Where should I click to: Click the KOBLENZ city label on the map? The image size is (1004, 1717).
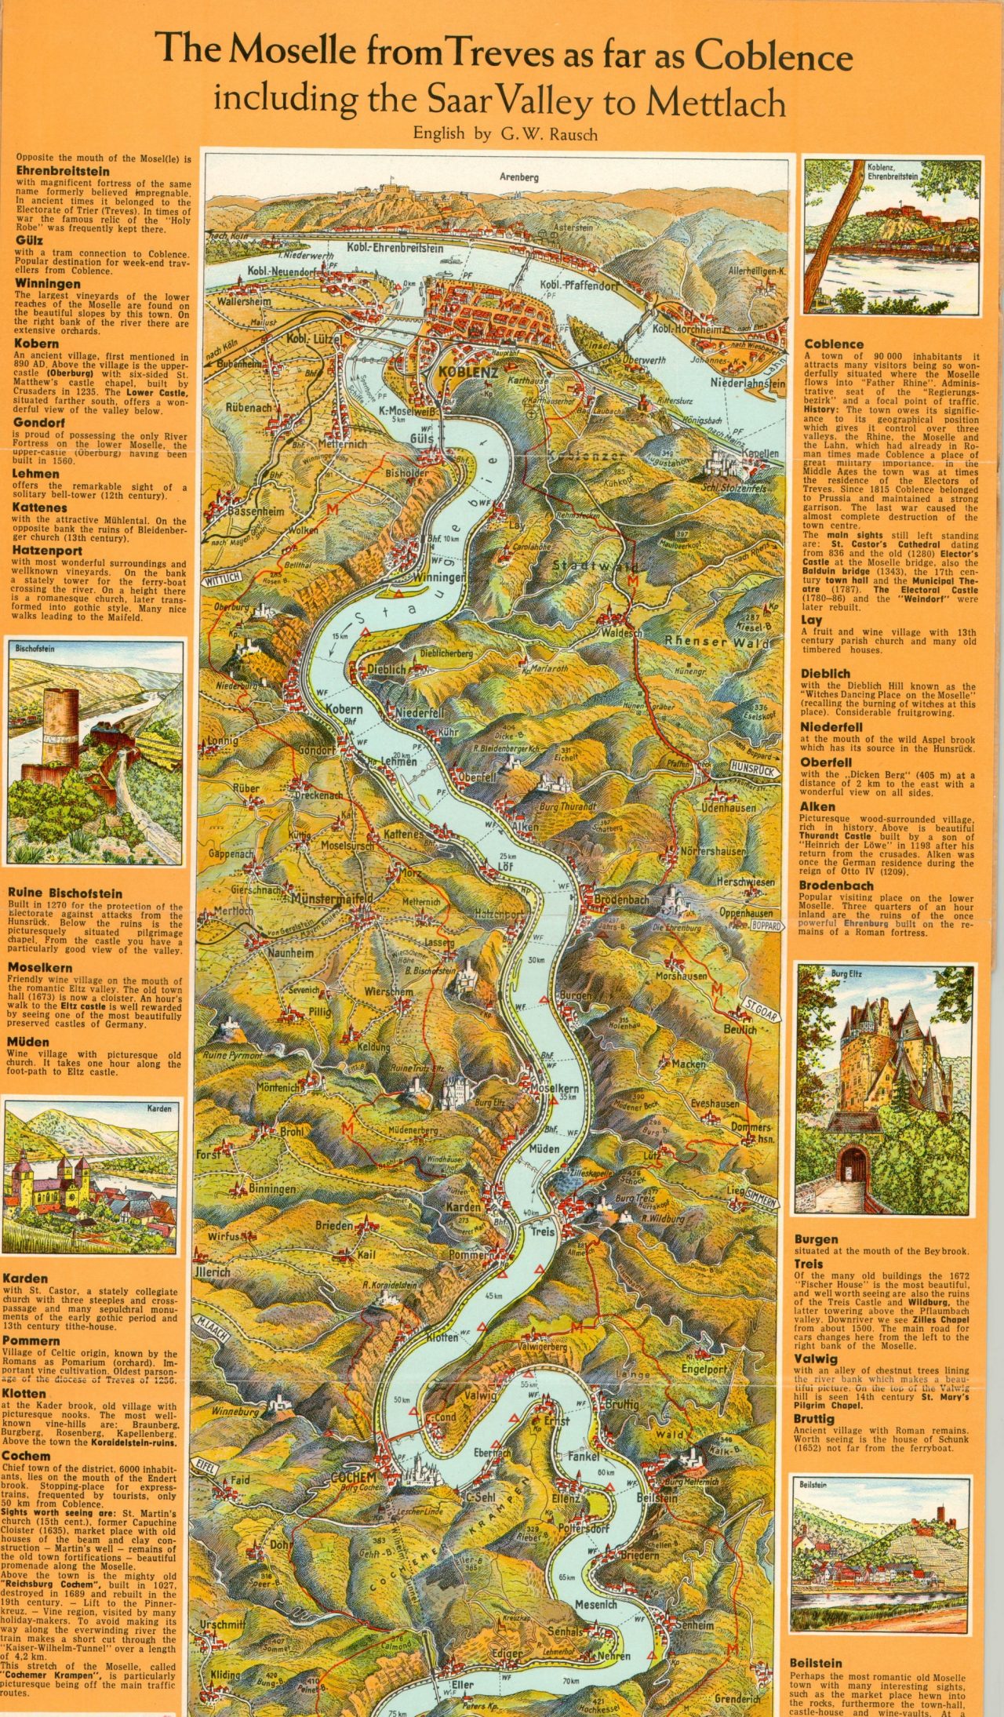(468, 372)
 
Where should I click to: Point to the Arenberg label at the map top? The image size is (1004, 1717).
(519, 177)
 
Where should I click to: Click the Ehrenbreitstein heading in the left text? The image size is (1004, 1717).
(63, 170)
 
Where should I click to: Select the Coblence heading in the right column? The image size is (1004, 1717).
(834, 344)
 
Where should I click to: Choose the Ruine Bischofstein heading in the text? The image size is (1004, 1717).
(65, 893)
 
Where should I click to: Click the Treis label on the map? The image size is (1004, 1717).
(542, 1231)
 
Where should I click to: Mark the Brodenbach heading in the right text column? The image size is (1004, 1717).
(836, 886)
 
